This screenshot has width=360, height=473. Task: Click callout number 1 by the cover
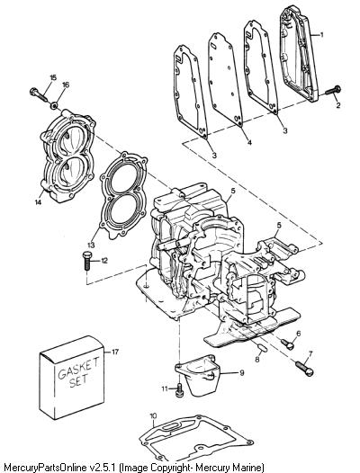point(321,35)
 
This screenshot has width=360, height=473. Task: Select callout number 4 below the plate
point(249,142)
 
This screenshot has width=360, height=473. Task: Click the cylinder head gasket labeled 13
point(124,195)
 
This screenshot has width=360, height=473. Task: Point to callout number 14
point(38,202)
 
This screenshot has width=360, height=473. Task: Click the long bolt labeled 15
point(39,94)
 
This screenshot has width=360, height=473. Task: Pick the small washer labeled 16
point(55,105)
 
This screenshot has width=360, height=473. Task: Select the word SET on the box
point(78,380)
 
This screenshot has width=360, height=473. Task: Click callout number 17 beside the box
point(115,352)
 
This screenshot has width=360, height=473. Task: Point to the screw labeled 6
point(287,344)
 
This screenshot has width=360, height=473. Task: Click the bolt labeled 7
point(304,369)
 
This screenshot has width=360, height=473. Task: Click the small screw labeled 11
point(179,388)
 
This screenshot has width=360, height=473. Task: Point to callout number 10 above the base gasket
point(153,416)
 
